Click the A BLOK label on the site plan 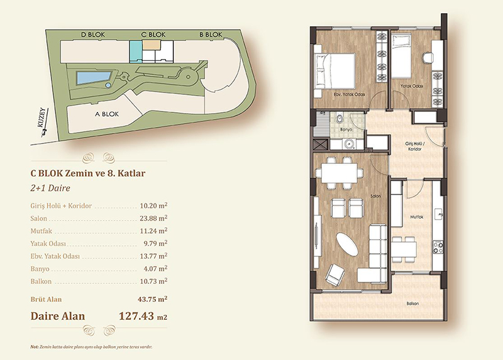pos(107,114)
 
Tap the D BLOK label pos(93,35)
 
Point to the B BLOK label pos(211,35)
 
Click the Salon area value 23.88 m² pos(153,218)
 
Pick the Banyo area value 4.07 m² pos(155,268)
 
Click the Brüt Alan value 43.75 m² pos(152,299)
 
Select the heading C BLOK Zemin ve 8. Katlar pos(88,173)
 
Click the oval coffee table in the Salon pos(347,244)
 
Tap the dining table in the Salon pos(340,173)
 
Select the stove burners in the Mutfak pos(438,246)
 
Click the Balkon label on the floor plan pos(412,303)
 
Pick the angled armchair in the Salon pos(335,275)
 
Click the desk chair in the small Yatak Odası pos(428,58)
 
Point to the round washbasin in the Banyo pos(348,145)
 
